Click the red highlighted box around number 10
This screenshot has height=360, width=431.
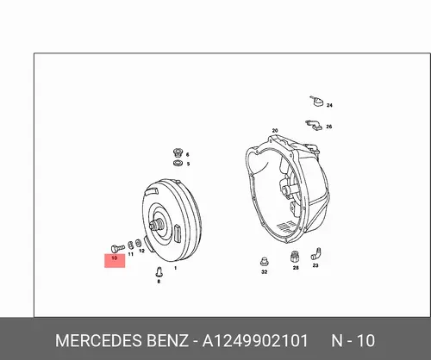tap(115, 261)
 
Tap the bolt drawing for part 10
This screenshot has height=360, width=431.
tap(117, 248)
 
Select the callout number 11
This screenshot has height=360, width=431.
tap(131, 254)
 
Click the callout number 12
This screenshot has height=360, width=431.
tap(141, 251)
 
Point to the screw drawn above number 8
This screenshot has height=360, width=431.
tap(159, 271)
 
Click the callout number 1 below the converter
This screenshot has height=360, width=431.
tap(176, 268)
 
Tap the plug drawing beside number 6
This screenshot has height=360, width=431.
tap(178, 152)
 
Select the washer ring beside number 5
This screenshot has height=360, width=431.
tap(178, 164)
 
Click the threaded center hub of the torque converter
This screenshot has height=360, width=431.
tap(158, 225)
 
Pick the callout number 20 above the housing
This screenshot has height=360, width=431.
tap(275, 131)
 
